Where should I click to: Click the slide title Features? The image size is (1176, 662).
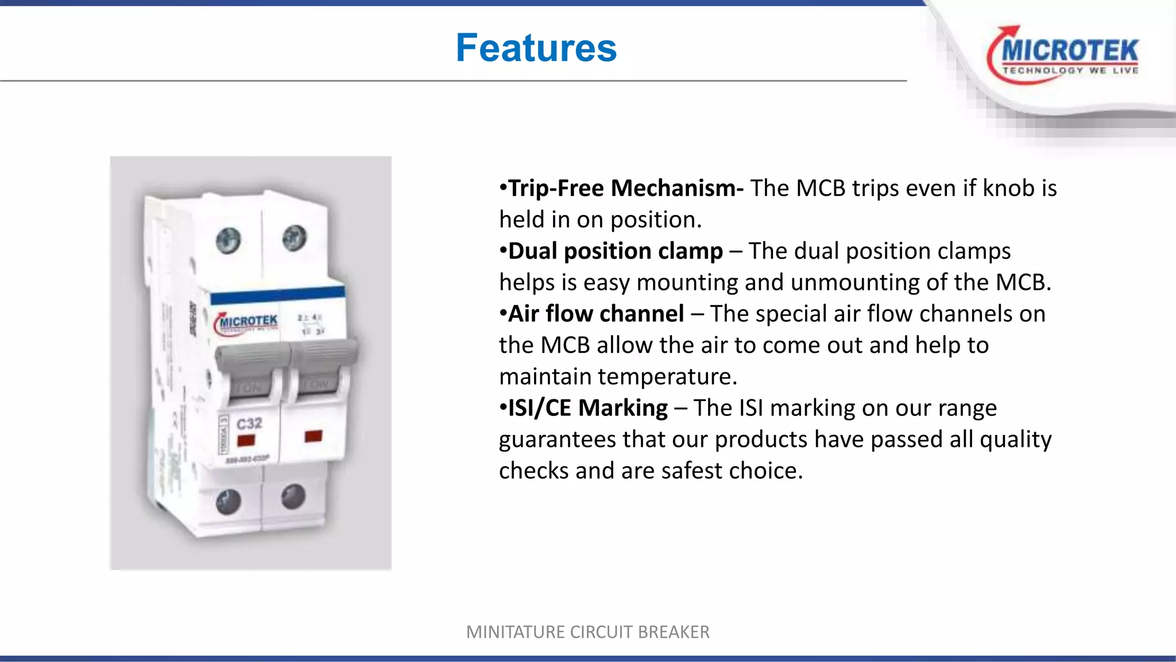tap(536, 48)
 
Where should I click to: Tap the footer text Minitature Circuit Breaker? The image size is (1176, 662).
tap(587, 632)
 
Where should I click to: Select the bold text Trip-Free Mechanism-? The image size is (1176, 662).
tap(626, 188)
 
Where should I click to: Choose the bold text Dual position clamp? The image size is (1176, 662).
tap(615, 251)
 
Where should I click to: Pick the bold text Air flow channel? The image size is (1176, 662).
tap(596, 314)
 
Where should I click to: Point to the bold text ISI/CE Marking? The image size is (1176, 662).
tap(588, 408)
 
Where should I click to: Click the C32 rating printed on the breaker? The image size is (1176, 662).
tap(249, 424)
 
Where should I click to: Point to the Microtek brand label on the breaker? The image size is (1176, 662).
tap(247, 322)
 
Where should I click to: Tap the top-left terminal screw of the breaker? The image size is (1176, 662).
tap(229, 240)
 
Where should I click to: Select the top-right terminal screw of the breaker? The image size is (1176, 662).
tap(295, 236)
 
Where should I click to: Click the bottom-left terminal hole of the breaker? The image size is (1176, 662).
tap(229, 502)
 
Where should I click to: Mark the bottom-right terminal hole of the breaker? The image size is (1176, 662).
tap(293, 495)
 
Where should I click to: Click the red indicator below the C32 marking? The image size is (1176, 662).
tap(246, 441)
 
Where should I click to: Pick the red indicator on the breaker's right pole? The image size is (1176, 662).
tap(314, 436)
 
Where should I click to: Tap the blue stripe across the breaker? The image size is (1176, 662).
tap(277, 294)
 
